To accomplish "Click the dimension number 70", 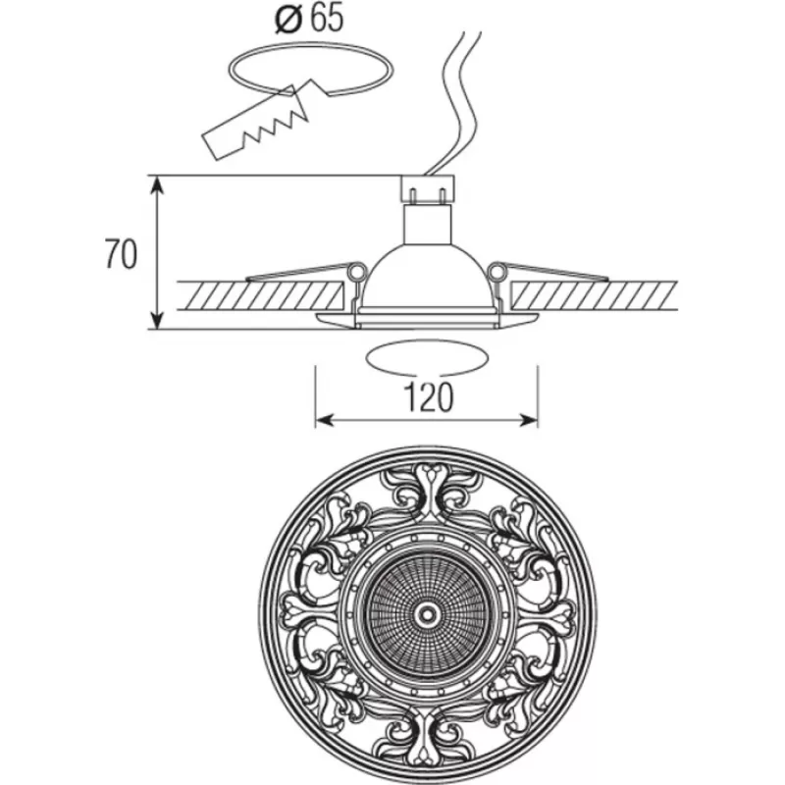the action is pyautogui.click(x=121, y=254).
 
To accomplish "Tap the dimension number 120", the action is pyautogui.click(x=428, y=397).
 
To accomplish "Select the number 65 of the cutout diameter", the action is pyautogui.click(x=327, y=19).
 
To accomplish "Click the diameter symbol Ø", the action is pyautogui.click(x=288, y=20).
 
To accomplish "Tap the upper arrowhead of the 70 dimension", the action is pyautogui.click(x=158, y=185).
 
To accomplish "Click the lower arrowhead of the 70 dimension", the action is pyautogui.click(x=158, y=320).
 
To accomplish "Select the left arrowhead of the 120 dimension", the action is pyautogui.click(x=325, y=421).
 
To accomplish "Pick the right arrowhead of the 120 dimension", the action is pyautogui.click(x=528, y=421).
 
